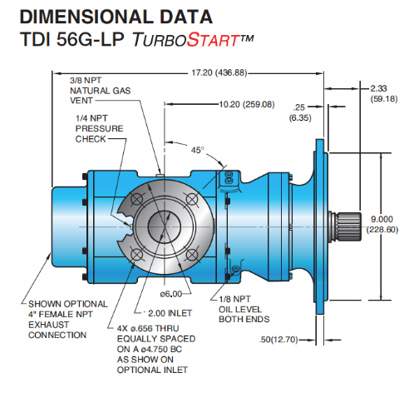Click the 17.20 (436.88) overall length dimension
click(x=219, y=72)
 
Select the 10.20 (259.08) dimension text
click(x=247, y=105)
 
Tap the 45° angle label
click(x=198, y=150)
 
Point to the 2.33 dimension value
click(x=378, y=88)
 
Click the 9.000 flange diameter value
click(x=382, y=219)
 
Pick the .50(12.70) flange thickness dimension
click(x=278, y=340)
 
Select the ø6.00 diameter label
click(x=171, y=294)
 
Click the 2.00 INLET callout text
click(x=170, y=313)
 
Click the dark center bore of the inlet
click(x=164, y=226)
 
